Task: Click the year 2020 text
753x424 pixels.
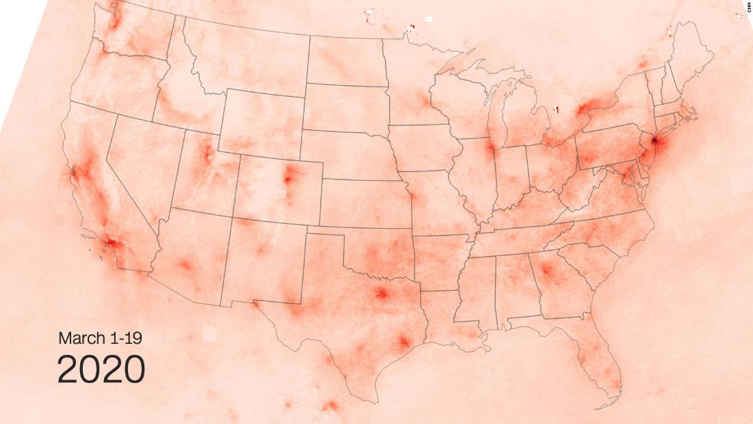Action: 101,370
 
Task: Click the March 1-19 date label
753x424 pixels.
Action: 100,338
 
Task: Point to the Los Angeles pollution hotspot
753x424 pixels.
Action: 112,242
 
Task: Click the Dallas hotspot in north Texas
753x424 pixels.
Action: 381,295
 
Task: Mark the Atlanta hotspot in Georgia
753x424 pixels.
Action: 546,270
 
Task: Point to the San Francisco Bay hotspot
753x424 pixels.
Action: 75,172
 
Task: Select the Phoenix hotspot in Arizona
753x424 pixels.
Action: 184,264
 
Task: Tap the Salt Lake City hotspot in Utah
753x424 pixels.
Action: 205,155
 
